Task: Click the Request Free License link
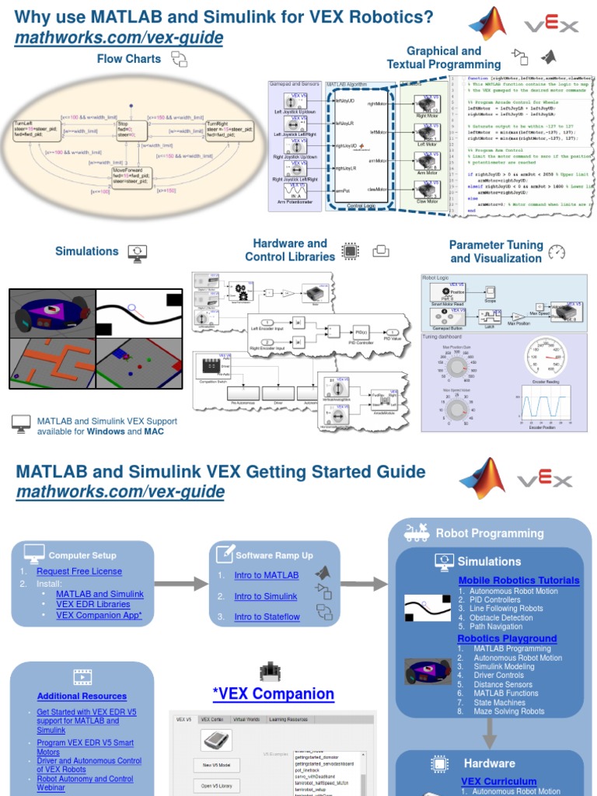(79, 571)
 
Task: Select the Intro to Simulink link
(266, 596)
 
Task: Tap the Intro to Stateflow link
(267, 617)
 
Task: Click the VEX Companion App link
(103, 615)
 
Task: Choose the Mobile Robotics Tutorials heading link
(518, 580)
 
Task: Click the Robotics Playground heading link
(507, 638)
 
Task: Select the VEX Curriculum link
(498, 781)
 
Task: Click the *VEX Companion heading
(274, 693)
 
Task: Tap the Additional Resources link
(82, 696)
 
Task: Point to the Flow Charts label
(129, 59)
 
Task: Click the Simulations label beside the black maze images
(87, 251)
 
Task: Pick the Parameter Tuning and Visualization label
(496, 251)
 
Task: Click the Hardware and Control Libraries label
(290, 250)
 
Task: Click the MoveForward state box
(131, 175)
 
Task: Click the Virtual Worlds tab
(248, 719)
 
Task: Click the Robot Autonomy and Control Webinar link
(85, 783)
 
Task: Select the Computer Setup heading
(82, 555)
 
